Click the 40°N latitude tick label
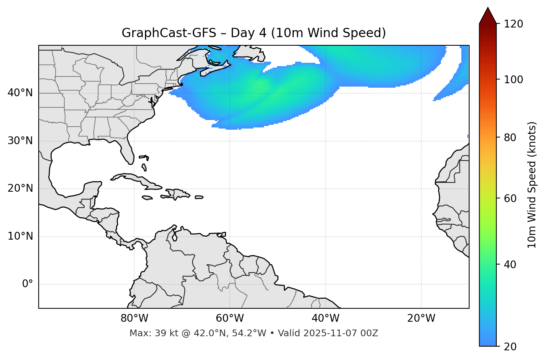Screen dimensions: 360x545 pos(20,93)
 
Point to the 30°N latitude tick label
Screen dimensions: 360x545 pos(20,141)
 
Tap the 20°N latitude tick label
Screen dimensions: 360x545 pos(20,188)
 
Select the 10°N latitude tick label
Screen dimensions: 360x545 pos(20,236)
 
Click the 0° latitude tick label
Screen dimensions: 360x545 pos(28,284)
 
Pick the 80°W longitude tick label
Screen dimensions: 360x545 pos(134,318)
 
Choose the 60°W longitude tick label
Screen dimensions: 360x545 pos(230,318)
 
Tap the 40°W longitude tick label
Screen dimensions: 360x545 pos(325,318)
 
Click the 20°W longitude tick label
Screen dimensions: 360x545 pos(421,318)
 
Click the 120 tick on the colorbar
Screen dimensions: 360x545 pos(513,24)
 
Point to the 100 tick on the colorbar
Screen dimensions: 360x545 pos(513,80)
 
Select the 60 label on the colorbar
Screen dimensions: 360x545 pos(510,198)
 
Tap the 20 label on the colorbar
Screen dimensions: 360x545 pos(510,347)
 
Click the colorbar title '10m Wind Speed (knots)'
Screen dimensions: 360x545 pos(532,185)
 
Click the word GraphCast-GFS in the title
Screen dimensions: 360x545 pos(169,33)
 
